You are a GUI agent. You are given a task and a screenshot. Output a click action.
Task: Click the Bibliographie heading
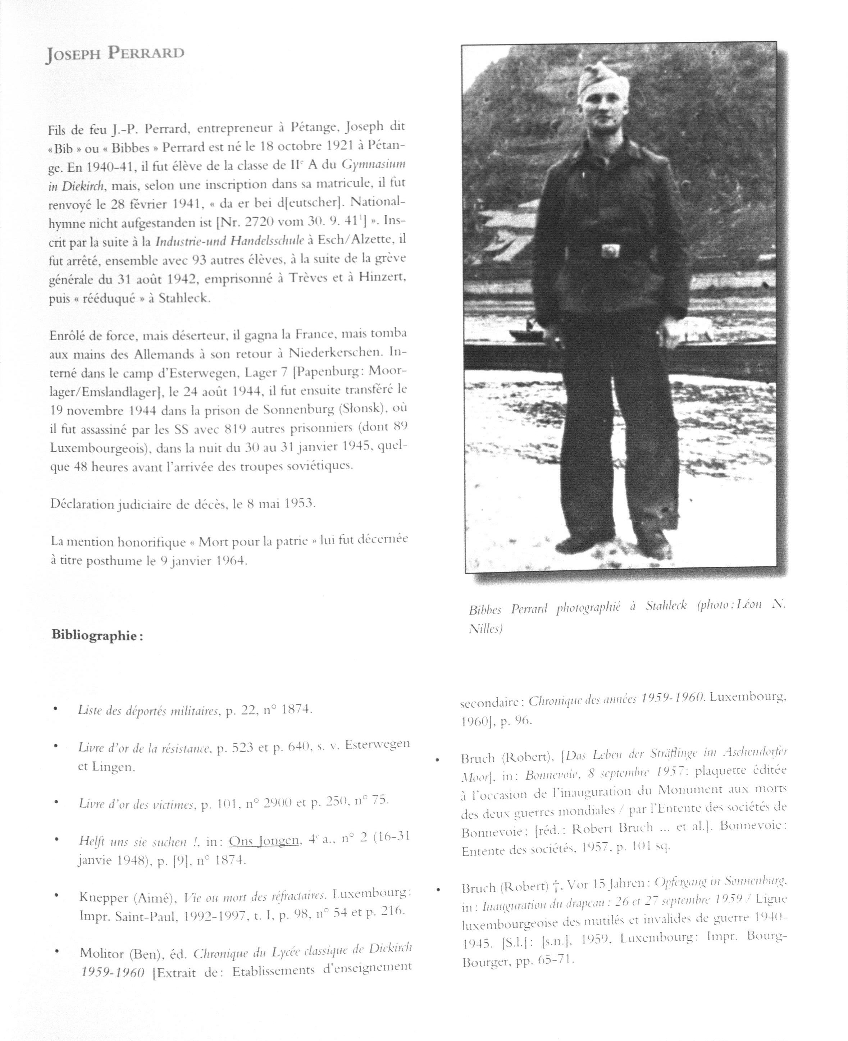click(97, 636)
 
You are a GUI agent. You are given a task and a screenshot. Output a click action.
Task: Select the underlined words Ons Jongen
click(264, 840)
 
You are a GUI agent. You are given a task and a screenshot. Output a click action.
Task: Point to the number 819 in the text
click(233, 428)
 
